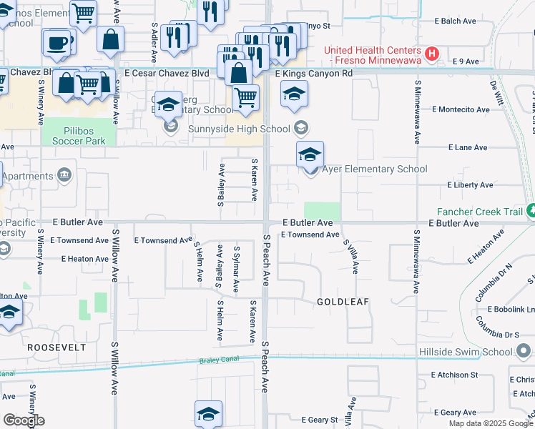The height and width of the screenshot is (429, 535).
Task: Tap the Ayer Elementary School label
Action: point(375,169)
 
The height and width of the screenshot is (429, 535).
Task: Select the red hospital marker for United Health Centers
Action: point(431,54)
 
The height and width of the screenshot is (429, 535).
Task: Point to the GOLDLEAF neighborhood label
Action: point(343,302)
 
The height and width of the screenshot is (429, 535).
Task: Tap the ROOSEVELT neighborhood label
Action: point(57,347)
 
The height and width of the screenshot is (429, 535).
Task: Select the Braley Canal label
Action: point(217,360)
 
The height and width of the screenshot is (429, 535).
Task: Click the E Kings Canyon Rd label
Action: point(314,73)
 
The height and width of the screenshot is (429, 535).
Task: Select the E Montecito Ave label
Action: point(461,109)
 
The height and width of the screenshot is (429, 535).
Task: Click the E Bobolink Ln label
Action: point(511,309)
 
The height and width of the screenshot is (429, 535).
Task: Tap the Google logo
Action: point(24,420)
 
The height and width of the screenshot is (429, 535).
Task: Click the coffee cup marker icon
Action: point(57,43)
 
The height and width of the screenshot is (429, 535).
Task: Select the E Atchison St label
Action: point(454,375)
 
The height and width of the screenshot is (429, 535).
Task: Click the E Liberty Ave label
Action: point(470,185)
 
